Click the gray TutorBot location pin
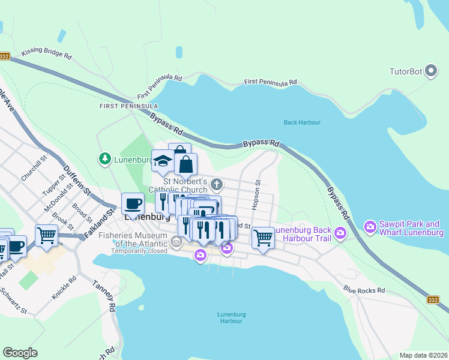click(431, 72)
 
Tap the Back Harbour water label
click(302, 122)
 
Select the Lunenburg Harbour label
click(231, 317)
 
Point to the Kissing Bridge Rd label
click(46, 53)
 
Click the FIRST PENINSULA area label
click(128, 106)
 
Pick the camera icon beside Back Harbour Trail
click(340, 232)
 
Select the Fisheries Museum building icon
click(176, 242)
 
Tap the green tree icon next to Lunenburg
click(105, 158)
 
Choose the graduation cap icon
click(163, 160)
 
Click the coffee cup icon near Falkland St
click(132, 203)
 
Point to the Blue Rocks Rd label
click(364, 290)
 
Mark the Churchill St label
click(34, 169)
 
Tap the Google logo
click(20, 353)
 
